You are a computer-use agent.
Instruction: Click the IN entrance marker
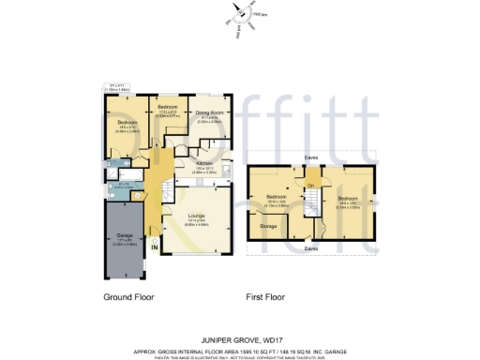pyautogui.click(x=156, y=248)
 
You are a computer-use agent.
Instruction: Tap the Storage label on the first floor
pyautogui.click(x=268, y=226)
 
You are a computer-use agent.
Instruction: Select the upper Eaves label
pyautogui.click(x=309, y=157)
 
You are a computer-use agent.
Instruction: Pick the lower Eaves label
pyautogui.click(x=309, y=248)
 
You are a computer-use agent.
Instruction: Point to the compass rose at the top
pyautogui.click(x=246, y=13)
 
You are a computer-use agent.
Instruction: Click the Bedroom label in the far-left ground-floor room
pyautogui.click(x=127, y=123)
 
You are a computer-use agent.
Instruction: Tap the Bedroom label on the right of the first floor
pyautogui.click(x=347, y=199)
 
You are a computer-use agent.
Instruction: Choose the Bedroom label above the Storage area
pyautogui.click(x=276, y=195)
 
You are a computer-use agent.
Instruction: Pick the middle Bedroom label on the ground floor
pyautogui.click(x=168, y=108)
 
